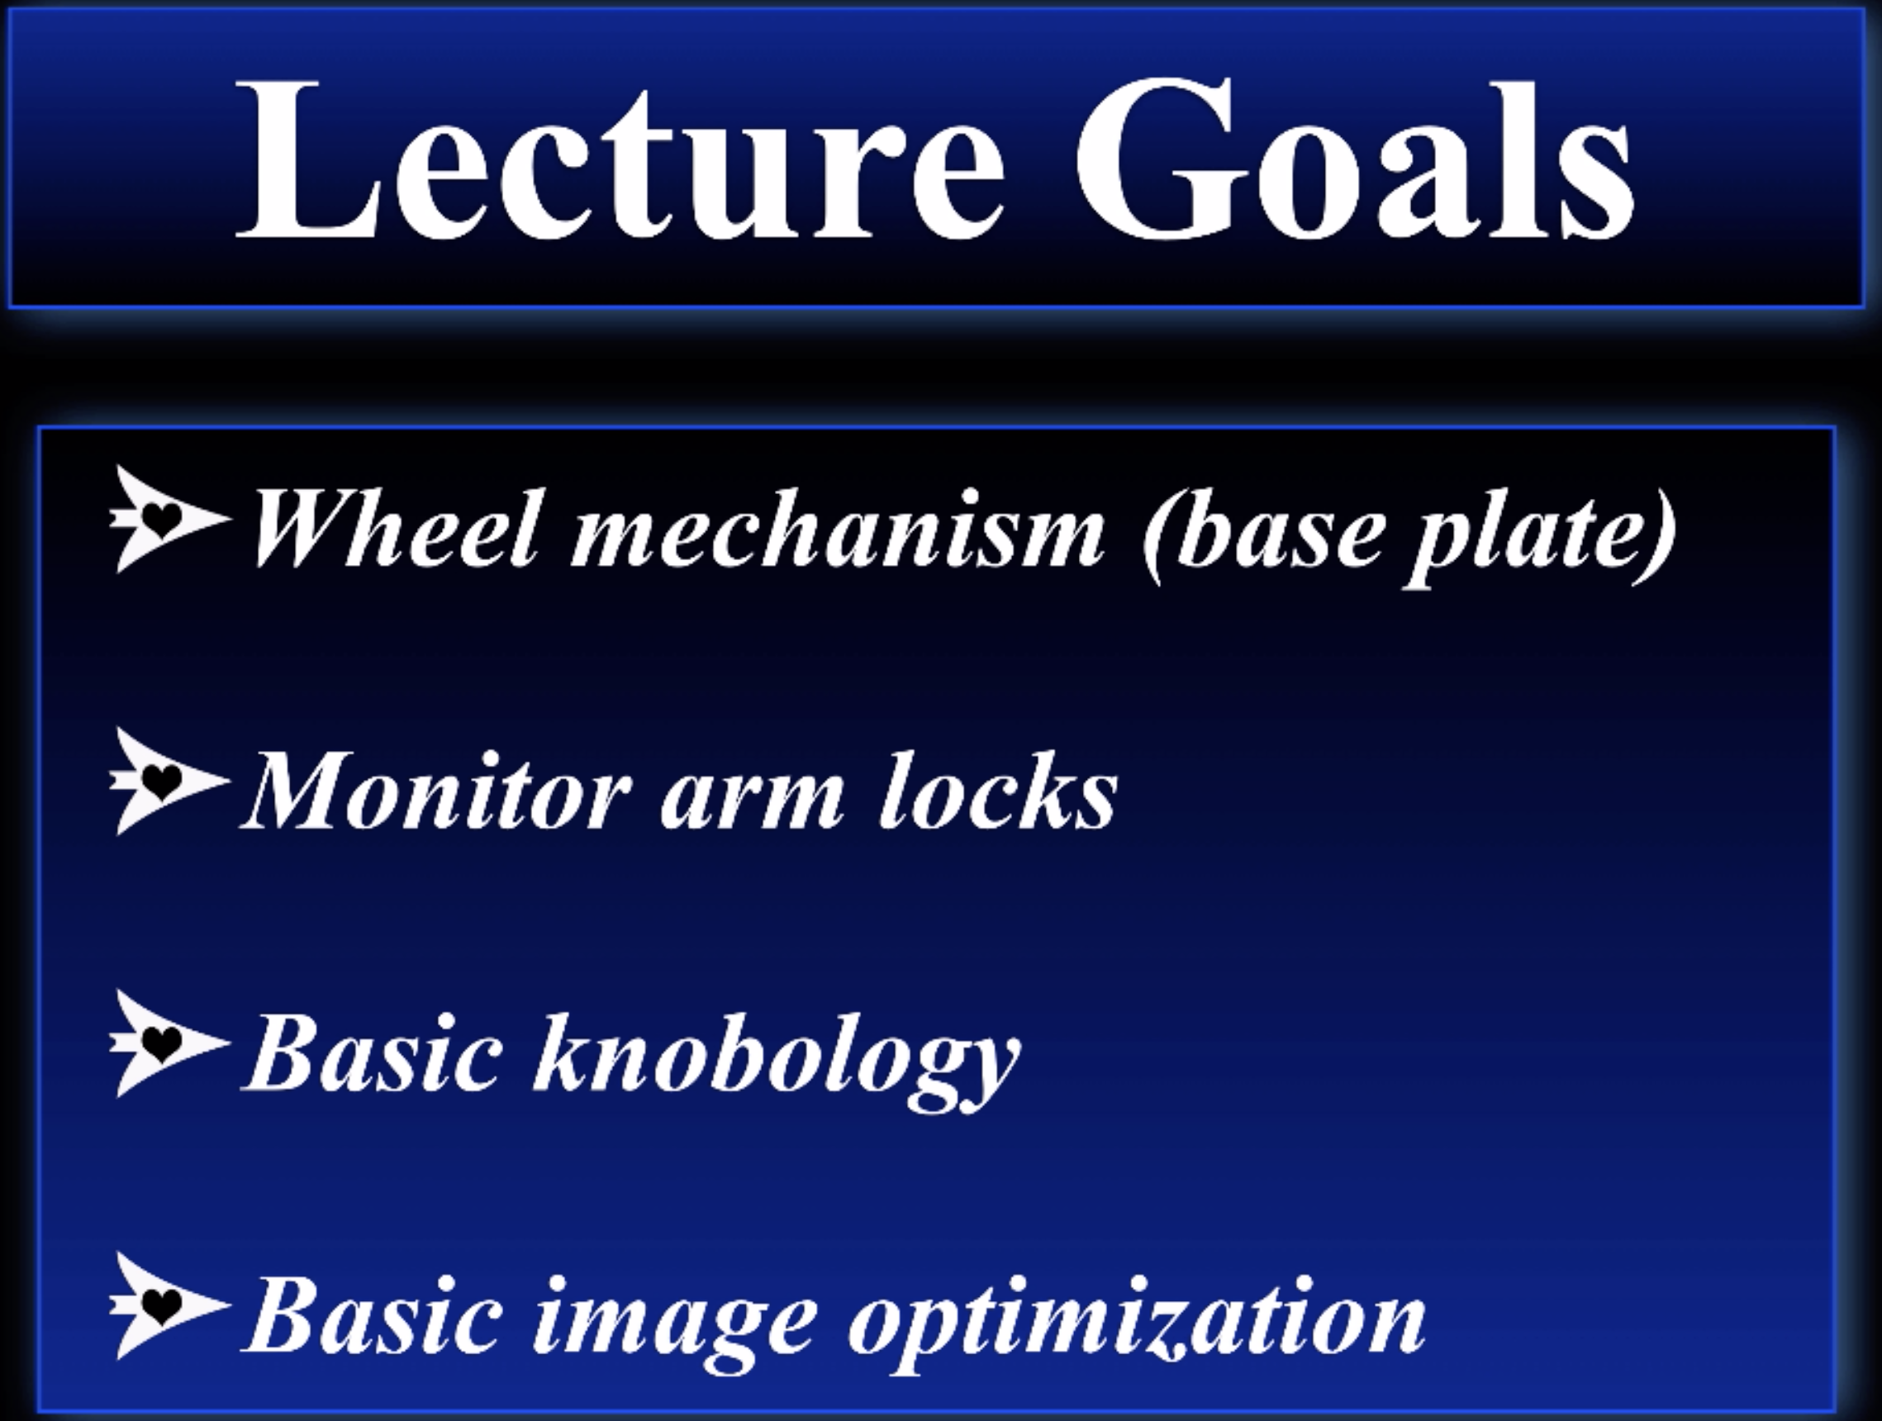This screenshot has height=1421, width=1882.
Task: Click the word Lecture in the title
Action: [x=620, y=160]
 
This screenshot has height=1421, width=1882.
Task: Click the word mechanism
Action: [x=838, y=528]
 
